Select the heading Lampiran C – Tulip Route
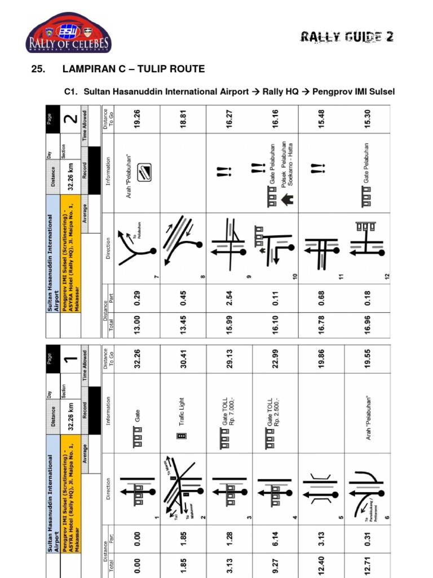pos(133,69)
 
